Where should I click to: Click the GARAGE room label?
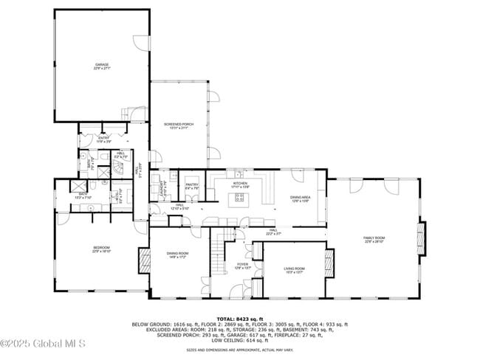tap(102, 65)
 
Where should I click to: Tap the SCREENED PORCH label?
tap(179, 124)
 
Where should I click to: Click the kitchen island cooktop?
tap(239, 197)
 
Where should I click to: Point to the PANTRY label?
tap(191, 184)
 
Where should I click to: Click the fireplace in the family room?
tap(422, 238)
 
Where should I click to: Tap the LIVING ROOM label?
tap(294, 269)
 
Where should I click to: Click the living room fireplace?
tap(329, 262)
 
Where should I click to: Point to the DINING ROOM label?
tap(177, 253)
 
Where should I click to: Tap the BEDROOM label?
tap(101, 247)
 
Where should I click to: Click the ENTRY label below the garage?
tap(104, 137)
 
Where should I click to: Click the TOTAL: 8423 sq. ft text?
tap(239, 318)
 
